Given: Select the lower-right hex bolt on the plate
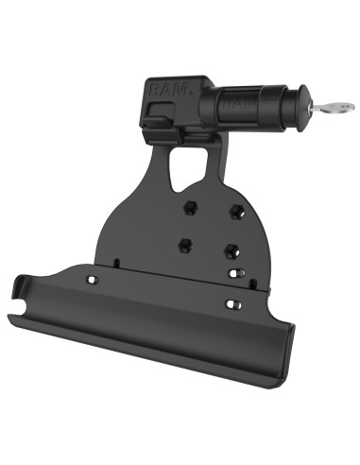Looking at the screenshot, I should (230, 251).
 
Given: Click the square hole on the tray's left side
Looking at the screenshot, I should (93, 282).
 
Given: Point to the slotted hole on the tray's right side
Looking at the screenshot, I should (230, 304).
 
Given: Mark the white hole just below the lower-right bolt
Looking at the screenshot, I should (232, 274).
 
